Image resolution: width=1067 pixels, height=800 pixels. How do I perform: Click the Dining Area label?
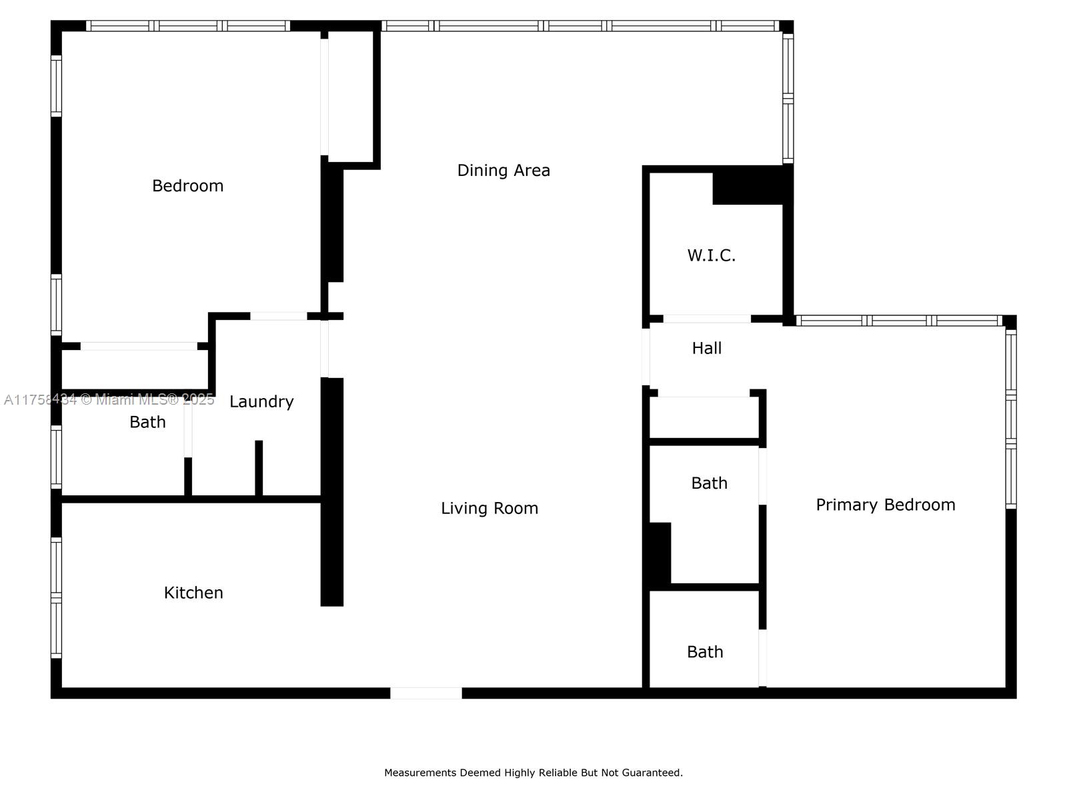pyautogui.click(x=503, y=171)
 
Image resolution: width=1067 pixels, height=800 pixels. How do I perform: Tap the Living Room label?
pyautogui.click(x=489, y=509)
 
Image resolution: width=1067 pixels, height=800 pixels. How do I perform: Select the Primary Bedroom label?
pyautogui.click(x=886, y=505)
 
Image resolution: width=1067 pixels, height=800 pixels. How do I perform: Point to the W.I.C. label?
pyautogui.click(x=711, y=255)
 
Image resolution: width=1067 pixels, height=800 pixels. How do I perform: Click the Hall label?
pyautogui.click(x=707, y=348)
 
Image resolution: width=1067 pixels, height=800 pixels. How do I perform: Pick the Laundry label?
pyautogui.click(x=261, y=402)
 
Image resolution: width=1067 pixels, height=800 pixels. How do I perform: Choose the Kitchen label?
pyautogui.click(x=193, y=593)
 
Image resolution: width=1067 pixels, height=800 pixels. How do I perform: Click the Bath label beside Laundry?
pyautogui.click(x=148, y=422)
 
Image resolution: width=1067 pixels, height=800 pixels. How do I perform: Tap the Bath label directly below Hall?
pyautogui.click(x=710, y=483)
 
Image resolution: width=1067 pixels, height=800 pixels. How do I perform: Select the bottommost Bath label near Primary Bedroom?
pyautogui.click(x=705, y=652)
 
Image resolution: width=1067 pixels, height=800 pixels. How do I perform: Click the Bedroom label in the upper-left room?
pyautogui.click(x=187, y=186)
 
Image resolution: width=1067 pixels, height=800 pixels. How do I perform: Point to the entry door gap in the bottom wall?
pyautogui.click(x=426, y=693)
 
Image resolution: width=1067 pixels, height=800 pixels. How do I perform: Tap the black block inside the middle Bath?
pyautogui.click(x=660, y=553)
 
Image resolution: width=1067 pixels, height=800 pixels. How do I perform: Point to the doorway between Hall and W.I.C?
pyautogui.click(x=708, y=319)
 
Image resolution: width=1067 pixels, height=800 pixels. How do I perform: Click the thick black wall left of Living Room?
pyautogui.click(x=332, y=492)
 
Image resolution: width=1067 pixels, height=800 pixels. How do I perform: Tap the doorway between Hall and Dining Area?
pyautogui.click(x=646, y=357)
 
